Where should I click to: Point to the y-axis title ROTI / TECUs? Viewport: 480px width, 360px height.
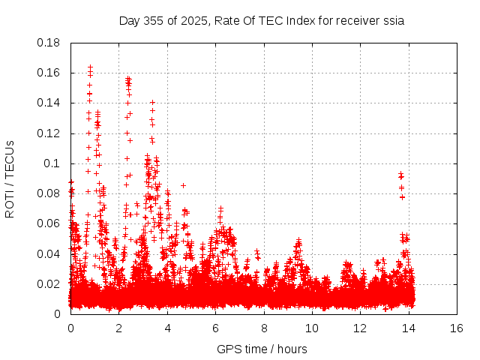click(x=10, y=178)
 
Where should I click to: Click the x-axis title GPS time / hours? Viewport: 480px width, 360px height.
click(x=262, y=349)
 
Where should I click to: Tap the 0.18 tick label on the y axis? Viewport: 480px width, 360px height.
click(x=49, y=43)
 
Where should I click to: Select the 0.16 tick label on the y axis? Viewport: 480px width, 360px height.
click(x=49, y=73)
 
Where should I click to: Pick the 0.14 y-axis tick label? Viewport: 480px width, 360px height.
click(x=49, y=103)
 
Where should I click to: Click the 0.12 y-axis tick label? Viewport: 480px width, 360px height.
click(x=49, y=133)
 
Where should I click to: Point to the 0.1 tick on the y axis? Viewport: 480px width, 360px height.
click(x=52, y=163)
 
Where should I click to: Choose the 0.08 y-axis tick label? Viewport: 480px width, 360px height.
click(x=49, y=193)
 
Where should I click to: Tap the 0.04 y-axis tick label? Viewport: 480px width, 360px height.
click(x=49, y=253)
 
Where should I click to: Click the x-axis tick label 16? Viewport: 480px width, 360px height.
click(x=456, y=328)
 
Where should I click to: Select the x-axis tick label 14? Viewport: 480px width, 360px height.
click(x=408, y=328)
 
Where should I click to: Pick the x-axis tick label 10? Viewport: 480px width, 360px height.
click(x=311, y=328)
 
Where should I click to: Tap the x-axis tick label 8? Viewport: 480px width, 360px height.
click(x=263, y=328)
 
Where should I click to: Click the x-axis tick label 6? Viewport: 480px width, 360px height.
click(x=215, y=328)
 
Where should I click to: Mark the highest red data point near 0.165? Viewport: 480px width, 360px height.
click(x=90, y=67)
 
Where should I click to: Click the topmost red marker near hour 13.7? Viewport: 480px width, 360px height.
click(x=400, y=174)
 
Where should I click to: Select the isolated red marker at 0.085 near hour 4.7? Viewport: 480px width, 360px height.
click(x=183, y=185)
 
